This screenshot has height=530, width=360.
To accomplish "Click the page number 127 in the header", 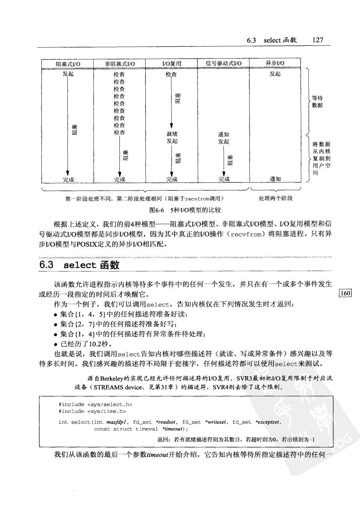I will [x=318, y=40].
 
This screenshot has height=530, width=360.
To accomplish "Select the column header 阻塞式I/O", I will [x=68, y=64].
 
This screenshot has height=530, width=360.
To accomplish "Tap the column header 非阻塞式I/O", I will [x=120, y=64].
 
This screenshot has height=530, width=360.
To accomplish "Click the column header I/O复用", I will [x=171, y=64].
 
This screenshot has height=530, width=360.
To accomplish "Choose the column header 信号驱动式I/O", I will [x=223, y=63].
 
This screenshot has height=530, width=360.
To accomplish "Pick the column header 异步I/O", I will [x=275, y=63].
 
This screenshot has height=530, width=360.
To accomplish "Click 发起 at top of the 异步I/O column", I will [x=275, y=74].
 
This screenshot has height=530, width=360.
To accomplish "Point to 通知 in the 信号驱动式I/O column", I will [x=224, y=134].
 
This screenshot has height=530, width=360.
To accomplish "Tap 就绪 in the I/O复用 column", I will [x=172, y=134].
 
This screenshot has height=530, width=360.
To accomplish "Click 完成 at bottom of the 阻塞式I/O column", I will [x=68, y=179].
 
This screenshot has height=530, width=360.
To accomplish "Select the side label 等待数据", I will [x=317, y=102].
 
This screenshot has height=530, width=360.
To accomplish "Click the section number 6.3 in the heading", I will [x=47, y=265].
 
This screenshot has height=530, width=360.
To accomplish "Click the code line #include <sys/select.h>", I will [x=95, y=404].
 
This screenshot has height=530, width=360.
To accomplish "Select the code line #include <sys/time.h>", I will [x=92, y=411].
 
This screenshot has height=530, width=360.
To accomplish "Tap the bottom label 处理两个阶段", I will [x=275, y=199].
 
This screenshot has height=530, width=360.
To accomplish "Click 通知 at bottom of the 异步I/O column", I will [x=275, y=179].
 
